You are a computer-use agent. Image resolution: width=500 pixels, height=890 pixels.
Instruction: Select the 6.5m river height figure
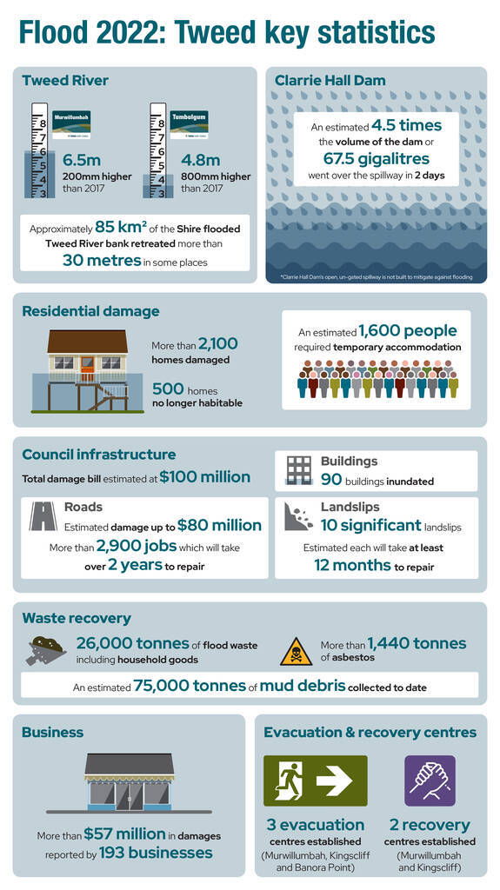pyautogui.click(x=82, y=160)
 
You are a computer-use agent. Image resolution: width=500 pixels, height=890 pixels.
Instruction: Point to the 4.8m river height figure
pyautogui.click(x=199, y=160)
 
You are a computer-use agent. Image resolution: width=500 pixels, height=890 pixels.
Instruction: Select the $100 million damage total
pyautogui.click(x=204, y=476)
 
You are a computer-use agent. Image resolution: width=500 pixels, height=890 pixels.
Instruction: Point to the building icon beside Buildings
pyautogui.click(x=298, y=469)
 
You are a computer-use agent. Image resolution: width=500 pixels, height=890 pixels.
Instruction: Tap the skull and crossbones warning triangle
pyautogui.click(x=296, y=652)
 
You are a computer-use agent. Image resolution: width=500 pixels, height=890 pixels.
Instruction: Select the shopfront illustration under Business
pyautogui.click(x=129, y=782)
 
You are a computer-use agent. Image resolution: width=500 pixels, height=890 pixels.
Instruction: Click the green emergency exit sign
pyautogui.click(x=316, y=780)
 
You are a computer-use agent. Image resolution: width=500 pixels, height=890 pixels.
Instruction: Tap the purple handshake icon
pyautogui.click(x=430, y=780)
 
